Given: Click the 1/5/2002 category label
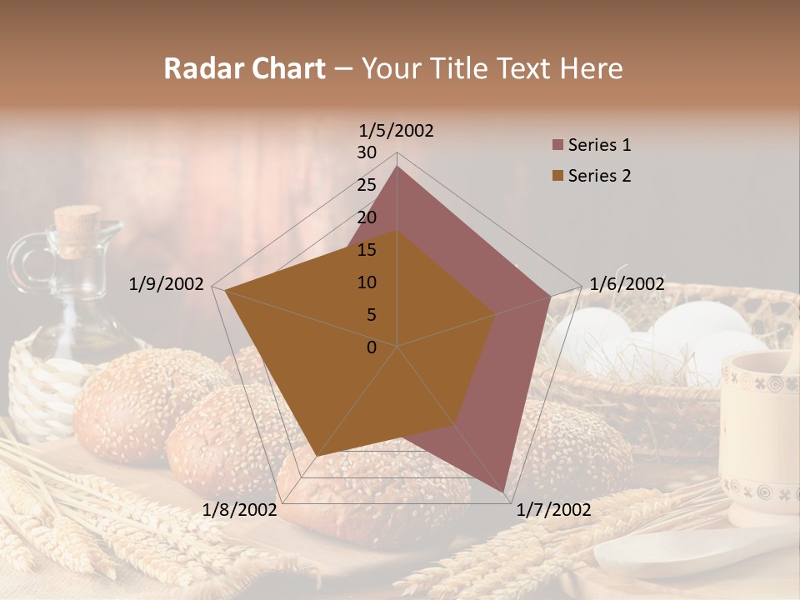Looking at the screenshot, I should tap(397, 130).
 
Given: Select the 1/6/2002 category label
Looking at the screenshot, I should tap(627, 284).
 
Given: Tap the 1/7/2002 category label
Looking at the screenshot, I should tap(554, 510).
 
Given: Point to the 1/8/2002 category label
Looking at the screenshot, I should tap(240, 510).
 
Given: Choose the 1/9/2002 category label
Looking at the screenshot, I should tap(167, 284).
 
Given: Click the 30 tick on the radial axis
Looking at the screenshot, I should tap(367, 152).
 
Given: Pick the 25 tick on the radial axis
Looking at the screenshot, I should tap(367, 185).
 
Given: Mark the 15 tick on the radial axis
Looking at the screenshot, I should tap(367, 250).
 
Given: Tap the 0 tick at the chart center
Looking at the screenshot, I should tap(372, 347).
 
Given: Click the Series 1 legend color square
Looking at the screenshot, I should tap(557, 146).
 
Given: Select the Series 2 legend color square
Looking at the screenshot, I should tap(557, 176).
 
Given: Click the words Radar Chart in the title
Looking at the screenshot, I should tap(244, 68).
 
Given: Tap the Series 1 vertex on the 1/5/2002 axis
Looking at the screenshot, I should tap(397, 167).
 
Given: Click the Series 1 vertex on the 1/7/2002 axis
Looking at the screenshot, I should tap(504, 491).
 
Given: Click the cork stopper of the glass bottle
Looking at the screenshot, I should tap(77, 229).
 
